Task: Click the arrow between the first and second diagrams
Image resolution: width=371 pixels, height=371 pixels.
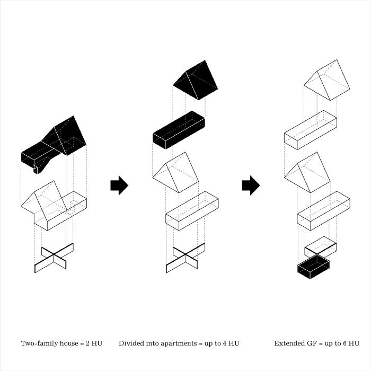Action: [119, 185]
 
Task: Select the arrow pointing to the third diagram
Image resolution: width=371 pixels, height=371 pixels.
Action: [250, 185]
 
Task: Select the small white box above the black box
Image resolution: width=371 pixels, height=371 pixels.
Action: [321, 246]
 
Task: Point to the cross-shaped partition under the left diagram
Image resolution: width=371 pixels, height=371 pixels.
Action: [54, 258]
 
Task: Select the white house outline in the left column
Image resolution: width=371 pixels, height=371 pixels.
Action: [53, 207]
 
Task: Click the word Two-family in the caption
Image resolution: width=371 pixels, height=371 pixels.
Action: [40, 343]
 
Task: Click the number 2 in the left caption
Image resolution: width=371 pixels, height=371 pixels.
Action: [87, 343]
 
